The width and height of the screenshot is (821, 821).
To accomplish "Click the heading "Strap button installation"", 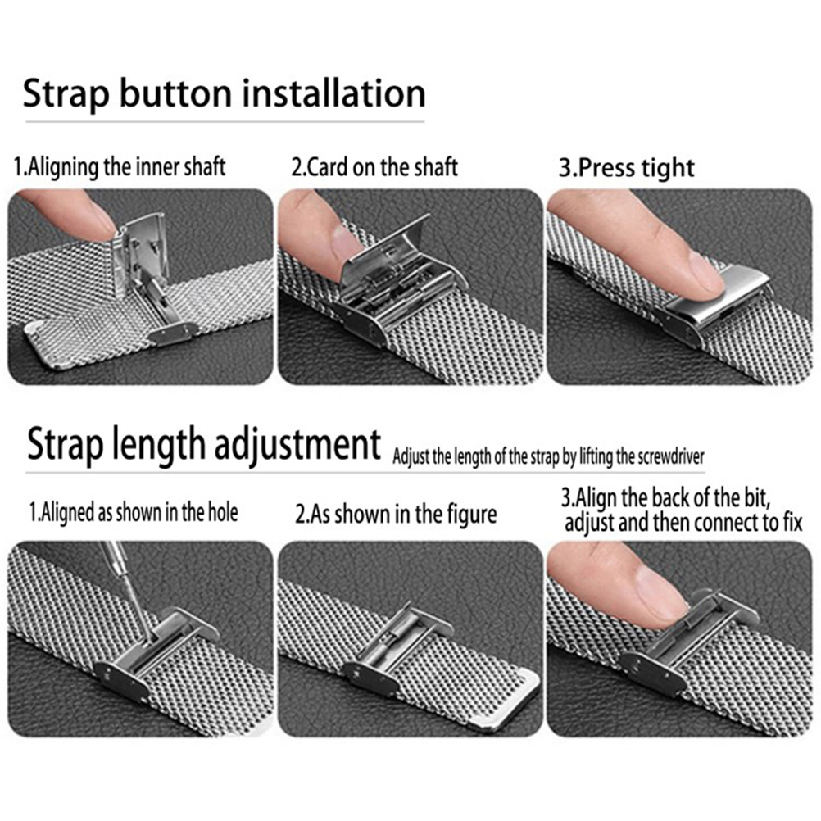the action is tap(225, 94).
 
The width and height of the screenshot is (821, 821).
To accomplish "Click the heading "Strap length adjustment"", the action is tap(204, 445).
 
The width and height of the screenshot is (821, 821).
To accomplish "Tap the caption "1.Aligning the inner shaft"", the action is tap(120, 167).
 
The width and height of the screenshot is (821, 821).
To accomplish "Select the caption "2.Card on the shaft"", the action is tap(374, 167).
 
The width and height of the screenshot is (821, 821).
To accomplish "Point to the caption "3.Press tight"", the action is tap(627, 168).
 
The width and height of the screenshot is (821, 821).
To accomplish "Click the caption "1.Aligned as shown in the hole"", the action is tap(134, 512).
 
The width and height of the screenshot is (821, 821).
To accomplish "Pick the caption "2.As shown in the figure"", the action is tap(396, 515).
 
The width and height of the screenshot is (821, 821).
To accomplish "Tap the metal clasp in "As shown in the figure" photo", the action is tap(399, 648).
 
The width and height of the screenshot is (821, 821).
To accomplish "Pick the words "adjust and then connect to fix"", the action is tap(683, 523).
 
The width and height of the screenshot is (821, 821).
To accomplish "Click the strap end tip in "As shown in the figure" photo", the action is tap(515, 696).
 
